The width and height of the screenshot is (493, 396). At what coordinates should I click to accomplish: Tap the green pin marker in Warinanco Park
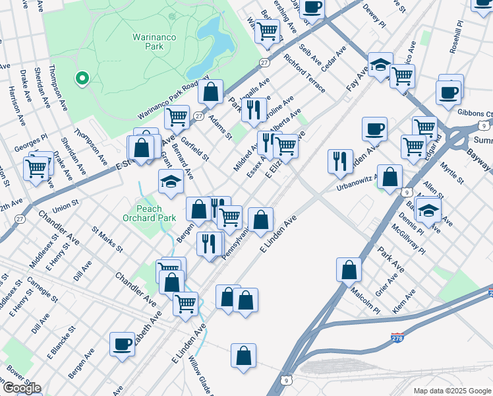(82, 79)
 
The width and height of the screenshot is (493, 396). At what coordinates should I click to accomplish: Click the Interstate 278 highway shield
(397, 338)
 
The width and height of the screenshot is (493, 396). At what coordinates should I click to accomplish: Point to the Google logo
(21, 388)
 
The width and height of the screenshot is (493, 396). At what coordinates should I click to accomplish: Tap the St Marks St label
(107, 240)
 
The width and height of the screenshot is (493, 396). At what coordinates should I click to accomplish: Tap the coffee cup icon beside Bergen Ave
(123, 344)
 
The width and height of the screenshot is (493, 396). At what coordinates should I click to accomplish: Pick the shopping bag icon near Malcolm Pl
(349, 269)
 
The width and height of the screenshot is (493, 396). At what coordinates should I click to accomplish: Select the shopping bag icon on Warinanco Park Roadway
(210, 92)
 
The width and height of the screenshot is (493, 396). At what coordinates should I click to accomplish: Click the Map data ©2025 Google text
(452, 391)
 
